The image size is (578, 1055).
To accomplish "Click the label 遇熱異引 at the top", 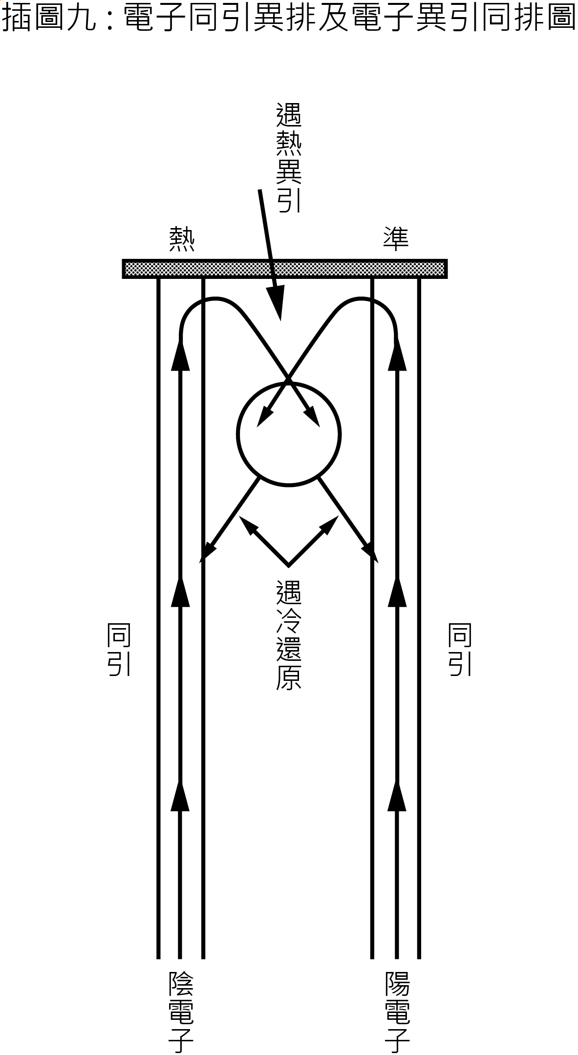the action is tap(289, 157).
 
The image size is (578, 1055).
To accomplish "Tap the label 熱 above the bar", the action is tap(182, 239).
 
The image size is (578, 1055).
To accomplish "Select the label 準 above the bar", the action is tap(395, 239).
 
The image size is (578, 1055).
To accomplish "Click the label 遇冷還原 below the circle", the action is tap(289, 634).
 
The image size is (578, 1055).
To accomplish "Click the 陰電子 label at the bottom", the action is tap(181, 1012).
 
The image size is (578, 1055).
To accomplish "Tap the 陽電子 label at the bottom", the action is tap(397, 1012).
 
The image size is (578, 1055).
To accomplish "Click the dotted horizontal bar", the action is tap(285, 269).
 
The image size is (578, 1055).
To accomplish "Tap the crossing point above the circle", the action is tap(288, 379).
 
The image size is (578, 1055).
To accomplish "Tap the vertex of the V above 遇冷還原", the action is tap(288, 566).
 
